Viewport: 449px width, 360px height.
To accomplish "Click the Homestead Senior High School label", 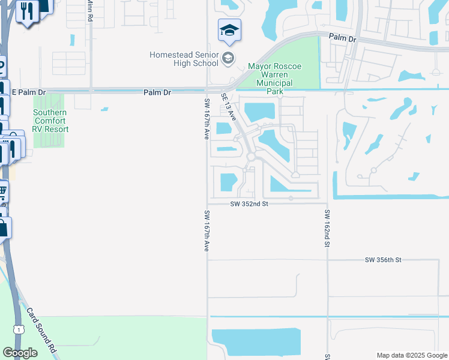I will (184, 59).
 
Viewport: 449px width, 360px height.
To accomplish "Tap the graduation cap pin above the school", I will (229, 31).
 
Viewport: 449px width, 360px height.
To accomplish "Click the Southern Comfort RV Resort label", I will (50, 121).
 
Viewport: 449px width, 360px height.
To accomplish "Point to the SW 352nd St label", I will (249, 204).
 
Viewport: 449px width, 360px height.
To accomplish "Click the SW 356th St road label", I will (382, 260).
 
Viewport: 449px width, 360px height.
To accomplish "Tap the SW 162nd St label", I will (327, 229).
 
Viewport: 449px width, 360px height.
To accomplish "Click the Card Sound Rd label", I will (41, 331).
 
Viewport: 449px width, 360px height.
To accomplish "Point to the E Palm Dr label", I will (29, 92).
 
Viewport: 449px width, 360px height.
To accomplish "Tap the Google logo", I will (20, 353).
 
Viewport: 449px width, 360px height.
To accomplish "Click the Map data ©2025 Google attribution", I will (412, 355).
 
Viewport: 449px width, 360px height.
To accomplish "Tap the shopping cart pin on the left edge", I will (2, 192).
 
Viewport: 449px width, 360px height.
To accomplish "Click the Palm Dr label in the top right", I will (343, 38).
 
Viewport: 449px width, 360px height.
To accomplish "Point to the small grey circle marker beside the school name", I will (228, 58).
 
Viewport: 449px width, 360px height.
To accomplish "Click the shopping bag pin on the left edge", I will (3, 227).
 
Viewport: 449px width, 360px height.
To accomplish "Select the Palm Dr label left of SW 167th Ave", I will (157, 92).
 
